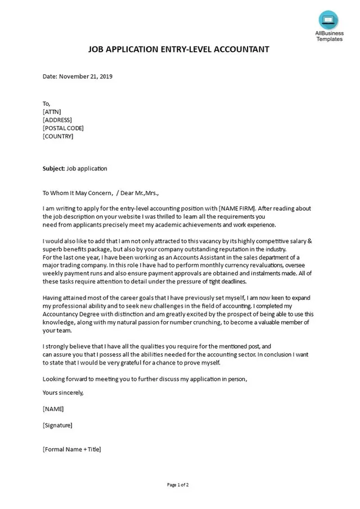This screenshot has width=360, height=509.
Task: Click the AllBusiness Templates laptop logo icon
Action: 328,20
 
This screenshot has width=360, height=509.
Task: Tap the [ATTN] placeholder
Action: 52,111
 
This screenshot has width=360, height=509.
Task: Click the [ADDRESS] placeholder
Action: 57,120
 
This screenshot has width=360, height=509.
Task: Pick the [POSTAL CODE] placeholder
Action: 63,128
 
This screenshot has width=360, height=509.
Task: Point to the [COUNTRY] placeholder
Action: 58,136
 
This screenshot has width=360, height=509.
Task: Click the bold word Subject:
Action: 53,169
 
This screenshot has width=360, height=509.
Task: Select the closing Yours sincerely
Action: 63,393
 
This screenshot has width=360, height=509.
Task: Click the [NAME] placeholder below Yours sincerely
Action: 53,409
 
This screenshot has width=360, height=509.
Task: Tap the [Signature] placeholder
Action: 57,425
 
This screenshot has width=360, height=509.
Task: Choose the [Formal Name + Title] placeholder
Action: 71,449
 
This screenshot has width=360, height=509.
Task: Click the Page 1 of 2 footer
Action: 178,485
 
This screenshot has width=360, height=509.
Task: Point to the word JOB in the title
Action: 96,49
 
